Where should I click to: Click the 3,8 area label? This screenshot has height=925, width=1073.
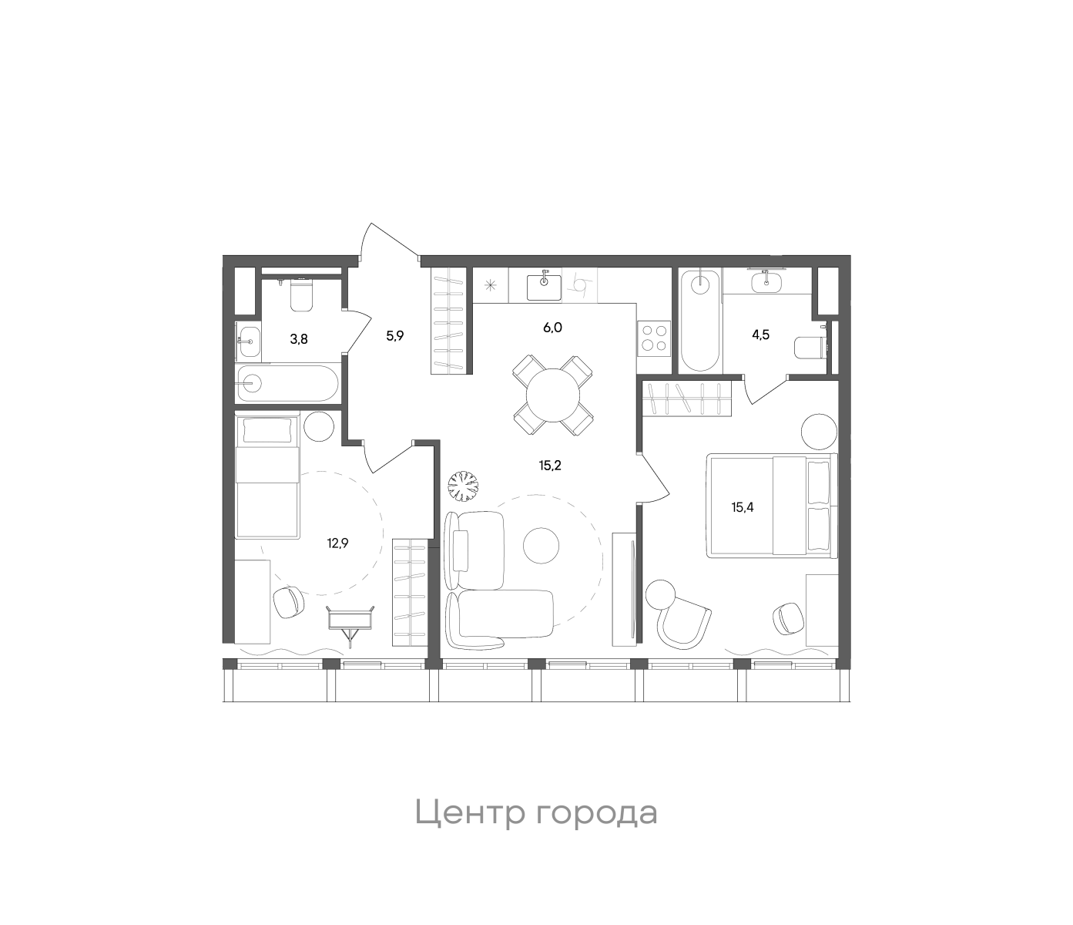coord(299,338)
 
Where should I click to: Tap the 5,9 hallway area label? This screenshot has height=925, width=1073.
coord(395,335)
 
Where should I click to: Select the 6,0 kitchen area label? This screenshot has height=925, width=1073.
coord(553,327)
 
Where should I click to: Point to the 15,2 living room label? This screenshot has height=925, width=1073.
coord(550,465)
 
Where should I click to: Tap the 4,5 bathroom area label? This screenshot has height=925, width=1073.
coord(761,335)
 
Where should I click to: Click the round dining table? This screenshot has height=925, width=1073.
coord(553,394)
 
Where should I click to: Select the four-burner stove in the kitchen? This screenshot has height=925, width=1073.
coord(654,338)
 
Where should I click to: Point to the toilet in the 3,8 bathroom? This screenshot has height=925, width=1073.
coord(300,295)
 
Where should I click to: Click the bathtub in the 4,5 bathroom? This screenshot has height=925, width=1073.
coord(700,321)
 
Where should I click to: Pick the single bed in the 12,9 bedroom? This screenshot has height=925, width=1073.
coord(267,477)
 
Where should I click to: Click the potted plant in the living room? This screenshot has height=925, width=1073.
coord(464,485)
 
